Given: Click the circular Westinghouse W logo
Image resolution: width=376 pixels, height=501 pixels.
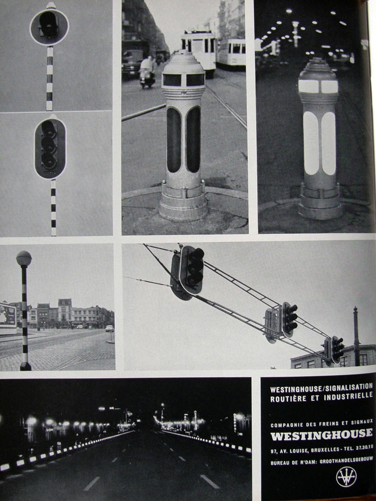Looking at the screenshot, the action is [346, 477].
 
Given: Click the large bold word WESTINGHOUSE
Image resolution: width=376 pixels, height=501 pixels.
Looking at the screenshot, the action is [321, 435].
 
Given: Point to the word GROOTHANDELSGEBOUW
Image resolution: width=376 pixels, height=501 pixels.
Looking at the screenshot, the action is [346, 462].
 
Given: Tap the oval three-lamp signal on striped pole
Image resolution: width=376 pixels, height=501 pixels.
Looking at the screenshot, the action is [50, 148].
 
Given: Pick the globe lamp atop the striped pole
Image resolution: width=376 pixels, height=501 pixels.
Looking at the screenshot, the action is [24, 258].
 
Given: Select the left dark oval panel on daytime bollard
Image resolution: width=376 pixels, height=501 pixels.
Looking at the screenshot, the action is [174, 140].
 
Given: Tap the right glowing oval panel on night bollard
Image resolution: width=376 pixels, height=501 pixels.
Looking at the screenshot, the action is [329, 144].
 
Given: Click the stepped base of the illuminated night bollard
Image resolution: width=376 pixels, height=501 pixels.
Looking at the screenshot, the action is [320, 202].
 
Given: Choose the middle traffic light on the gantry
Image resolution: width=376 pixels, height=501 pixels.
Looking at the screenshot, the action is [289, 320].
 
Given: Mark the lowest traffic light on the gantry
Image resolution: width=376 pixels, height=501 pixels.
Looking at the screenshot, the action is [337, 350].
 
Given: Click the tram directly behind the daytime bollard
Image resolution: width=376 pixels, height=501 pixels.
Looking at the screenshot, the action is [199, 50].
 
